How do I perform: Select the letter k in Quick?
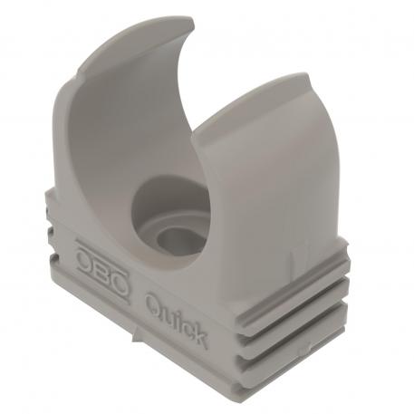[x=199, y=336]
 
